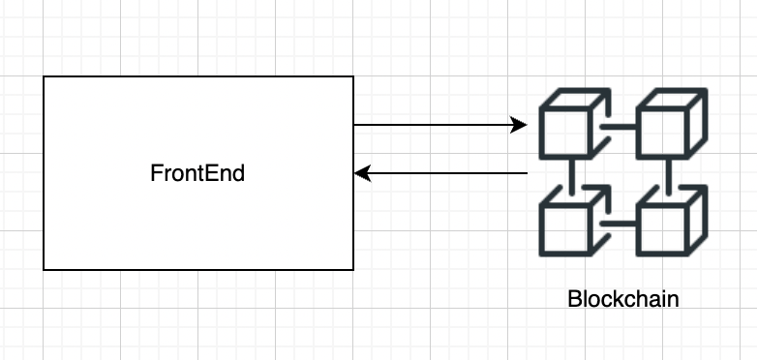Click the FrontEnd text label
click(197, 174)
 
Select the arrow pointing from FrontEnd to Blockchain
click(436, 125)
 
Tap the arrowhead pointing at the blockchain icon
click(520, 125)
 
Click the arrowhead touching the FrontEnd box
click(361, 173)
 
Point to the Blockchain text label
click(622, 298)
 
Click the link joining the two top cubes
click(617, 126)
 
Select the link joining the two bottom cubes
click(617, 224)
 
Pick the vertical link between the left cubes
click(573, 176)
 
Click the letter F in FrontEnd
click(155, 174)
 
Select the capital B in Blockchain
click(573, 298)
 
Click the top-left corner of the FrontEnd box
click(44, 76)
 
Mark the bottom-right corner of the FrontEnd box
click(353, 270)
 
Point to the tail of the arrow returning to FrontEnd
click(526, 173)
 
